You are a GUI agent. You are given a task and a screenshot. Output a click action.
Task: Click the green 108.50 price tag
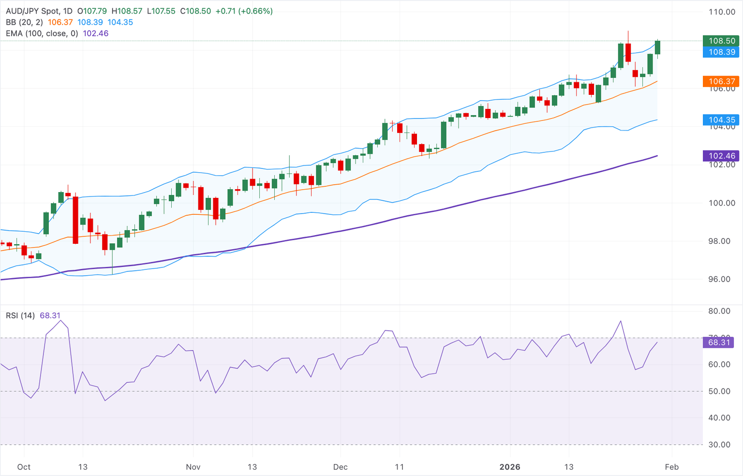point(722,41)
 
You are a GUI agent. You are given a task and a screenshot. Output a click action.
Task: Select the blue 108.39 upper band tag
point(722,52)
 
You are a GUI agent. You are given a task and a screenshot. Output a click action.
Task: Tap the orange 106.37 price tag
point(722,81)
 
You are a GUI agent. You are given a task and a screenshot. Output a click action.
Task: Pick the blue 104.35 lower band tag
point(722,120)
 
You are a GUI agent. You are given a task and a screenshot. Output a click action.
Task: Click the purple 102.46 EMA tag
point(722,156)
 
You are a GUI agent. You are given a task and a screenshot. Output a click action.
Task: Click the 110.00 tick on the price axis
point(722,12)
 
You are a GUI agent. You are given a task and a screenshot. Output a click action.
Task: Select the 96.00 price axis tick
point(719,279)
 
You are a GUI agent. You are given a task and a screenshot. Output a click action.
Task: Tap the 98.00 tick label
point(719,241)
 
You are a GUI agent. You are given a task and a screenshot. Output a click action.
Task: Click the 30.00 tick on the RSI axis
point(719,445)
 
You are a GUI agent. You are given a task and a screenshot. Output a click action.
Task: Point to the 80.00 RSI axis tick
point(719,311)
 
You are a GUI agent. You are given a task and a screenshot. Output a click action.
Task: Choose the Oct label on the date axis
point(24,467)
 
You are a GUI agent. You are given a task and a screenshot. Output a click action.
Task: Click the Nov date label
point(193,467)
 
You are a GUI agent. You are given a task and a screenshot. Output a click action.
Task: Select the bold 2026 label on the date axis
point(510,467)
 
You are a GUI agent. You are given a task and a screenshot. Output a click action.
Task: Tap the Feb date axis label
point(671,467)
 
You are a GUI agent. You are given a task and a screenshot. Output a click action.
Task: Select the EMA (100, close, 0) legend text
point(42,33)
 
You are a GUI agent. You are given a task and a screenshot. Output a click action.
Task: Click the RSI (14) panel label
point(20,315)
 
